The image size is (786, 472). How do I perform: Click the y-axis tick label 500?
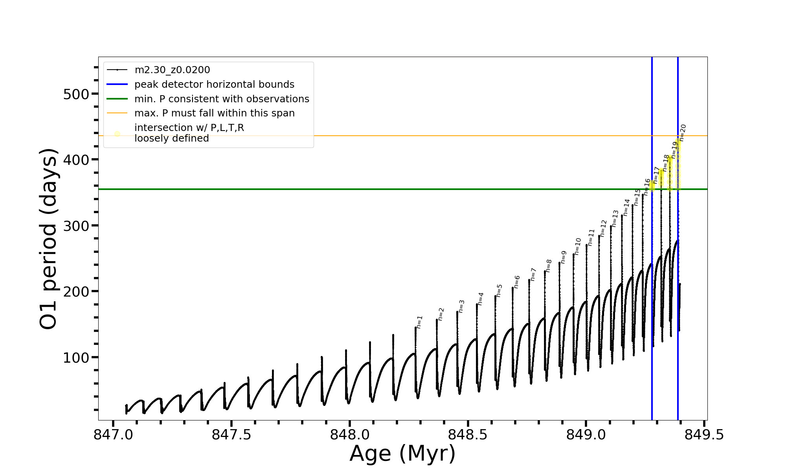(x=76, y=94)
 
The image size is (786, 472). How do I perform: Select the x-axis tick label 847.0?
(x=113, y=435)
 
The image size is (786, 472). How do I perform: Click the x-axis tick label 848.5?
(x=468, y=435)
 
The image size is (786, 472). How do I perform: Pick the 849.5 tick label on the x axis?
(x=704, y=435)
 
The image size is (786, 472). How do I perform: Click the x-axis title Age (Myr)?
(x=402, y=454)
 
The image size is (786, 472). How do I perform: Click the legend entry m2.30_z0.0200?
(x=172, y=70)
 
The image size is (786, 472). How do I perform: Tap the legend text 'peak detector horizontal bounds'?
(x=214, y=85)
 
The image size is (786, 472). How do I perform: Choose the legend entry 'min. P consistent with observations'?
(x=222, y=99)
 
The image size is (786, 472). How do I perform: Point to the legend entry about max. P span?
(x=214, y=113)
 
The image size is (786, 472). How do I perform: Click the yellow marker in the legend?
(x=117, y=134)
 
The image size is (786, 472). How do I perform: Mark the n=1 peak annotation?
(x=419, y=322)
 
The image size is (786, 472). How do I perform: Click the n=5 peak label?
(x=499, y=290)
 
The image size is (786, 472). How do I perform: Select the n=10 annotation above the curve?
(x=577, y=246)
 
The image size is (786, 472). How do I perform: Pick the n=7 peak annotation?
(x=533, y=274)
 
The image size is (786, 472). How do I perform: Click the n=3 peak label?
(x=461, y=306)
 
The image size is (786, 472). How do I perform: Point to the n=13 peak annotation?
(x=615, y=218)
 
